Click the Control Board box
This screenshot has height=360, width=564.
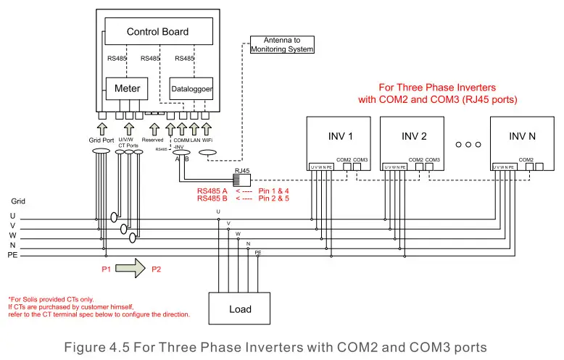158,32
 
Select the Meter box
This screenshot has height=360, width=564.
127,88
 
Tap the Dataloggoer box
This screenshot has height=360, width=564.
191,88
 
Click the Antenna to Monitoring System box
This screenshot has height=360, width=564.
282,44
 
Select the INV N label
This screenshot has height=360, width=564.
522,135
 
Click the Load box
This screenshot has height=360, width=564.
240,309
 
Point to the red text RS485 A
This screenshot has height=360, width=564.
213,190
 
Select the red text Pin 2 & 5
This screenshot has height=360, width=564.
273,198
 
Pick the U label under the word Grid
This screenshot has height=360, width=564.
12,216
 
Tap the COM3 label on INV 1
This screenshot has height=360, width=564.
360,159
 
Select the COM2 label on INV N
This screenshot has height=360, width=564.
526,159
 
